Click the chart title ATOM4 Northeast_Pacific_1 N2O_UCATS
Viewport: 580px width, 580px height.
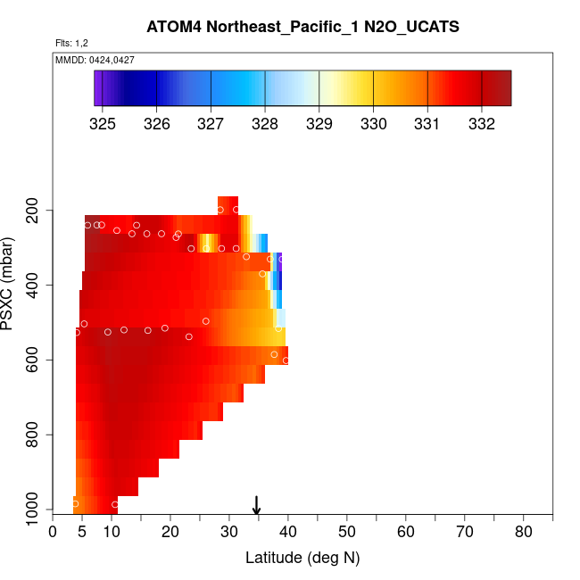pos(303,27)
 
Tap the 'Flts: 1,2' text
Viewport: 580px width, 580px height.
pos(71,43)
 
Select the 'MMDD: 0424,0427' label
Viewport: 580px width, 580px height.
pos(95,60)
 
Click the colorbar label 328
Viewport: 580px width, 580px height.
pos(265,123)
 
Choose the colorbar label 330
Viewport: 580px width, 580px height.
pos(373,123)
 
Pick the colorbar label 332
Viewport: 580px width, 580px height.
pos(482,123)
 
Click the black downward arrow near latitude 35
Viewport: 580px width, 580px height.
pos(257,506)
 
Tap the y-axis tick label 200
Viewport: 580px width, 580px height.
pos(37,211)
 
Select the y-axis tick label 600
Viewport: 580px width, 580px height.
pos(37,360)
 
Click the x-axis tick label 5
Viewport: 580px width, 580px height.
pos(82,533)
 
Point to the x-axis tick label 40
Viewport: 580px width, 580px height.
pos(288,533)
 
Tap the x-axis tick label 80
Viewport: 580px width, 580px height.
pos(524,533)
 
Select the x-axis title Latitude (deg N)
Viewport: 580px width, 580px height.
pos(302,559)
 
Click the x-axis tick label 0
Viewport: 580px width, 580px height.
pos(53,533)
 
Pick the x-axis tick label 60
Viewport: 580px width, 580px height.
pos(406,533)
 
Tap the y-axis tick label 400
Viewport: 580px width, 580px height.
pos(37,286)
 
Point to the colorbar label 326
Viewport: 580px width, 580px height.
pos(157,123)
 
